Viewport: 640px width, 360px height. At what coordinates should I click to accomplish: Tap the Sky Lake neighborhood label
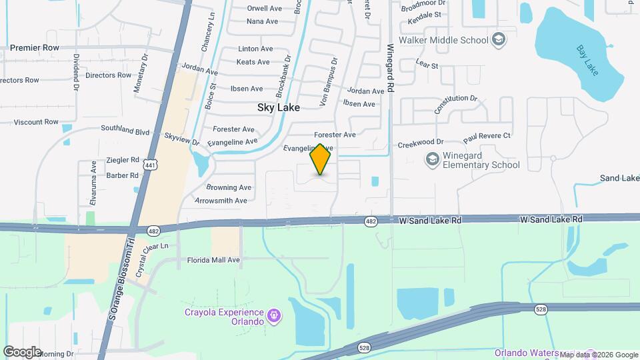[279, 107]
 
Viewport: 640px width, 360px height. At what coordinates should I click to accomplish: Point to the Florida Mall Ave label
[213, 260]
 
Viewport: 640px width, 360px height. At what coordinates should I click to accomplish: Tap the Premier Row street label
[35, 48]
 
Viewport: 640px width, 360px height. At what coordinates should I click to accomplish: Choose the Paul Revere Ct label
[487, 136]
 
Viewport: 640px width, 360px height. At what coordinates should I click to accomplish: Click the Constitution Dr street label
[457, 105]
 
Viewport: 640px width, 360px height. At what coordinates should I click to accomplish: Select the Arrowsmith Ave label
[221, 201]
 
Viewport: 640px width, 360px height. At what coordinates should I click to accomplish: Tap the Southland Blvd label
[125, 131]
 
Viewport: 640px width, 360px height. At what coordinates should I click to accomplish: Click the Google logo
[22, 351]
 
